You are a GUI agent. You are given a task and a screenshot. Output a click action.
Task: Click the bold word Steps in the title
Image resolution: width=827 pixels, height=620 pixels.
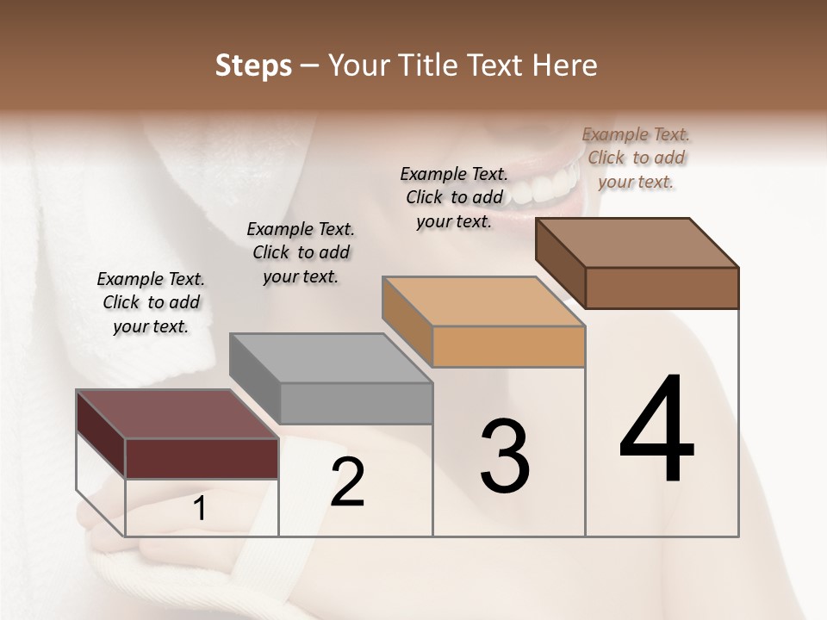coord(252,65)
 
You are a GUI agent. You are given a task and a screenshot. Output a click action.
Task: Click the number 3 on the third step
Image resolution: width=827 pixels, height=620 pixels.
coord(505,456)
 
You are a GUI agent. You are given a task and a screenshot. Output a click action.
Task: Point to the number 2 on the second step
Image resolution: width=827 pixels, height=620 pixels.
coord(348,482)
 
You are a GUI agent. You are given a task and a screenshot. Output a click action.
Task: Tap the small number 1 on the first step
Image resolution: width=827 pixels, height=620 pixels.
coord(200,509)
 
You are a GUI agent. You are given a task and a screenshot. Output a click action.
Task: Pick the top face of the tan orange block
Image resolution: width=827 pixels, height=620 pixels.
coord(483,301)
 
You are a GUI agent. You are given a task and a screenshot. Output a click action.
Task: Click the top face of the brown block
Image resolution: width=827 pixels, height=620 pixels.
coord(637,243)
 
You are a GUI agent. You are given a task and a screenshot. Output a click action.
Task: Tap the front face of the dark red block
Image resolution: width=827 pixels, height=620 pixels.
coord(202,458)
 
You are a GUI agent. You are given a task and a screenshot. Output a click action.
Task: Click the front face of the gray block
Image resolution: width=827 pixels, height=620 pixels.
coord(356,403)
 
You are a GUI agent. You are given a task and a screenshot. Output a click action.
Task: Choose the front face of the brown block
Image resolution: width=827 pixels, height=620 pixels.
coord(662,288)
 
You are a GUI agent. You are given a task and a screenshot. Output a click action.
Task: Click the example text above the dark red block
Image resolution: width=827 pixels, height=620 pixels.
coord(151,302)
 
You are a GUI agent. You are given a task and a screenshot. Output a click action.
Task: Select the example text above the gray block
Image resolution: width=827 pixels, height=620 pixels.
coord(301,252)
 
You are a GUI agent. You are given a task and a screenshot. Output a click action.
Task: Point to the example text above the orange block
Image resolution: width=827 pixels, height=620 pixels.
coord(454,197)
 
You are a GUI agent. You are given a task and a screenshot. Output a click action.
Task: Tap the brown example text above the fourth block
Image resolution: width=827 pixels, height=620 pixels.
coord(636,158)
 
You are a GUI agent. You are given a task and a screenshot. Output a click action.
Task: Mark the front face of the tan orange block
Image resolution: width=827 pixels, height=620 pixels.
coord(508,346)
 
